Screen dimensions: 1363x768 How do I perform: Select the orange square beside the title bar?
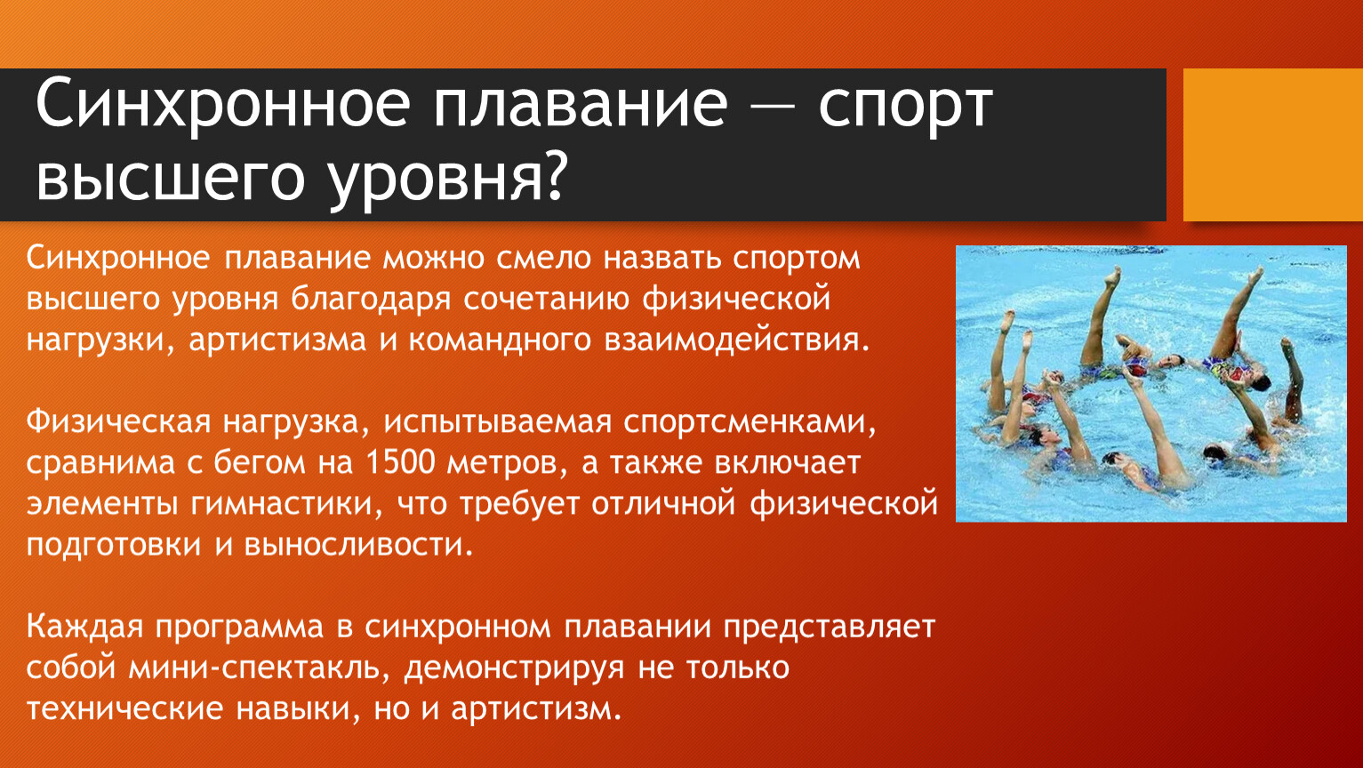(x=1273, y=145)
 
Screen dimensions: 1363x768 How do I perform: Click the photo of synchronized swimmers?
(x=1151, y=383)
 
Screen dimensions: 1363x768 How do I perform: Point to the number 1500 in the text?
(x=401, y=463)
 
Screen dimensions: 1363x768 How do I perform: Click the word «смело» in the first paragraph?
(x=543, y=258)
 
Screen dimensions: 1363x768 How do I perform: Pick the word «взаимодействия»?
(x=737, y=340)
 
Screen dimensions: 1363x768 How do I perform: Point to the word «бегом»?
(x=260, y=463)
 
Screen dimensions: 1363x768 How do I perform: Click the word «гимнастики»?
(x=287, y=505)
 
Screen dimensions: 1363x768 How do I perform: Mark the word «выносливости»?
(x=359, y=545)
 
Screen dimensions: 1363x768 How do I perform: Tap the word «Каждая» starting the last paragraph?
(x=84, y=628)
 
